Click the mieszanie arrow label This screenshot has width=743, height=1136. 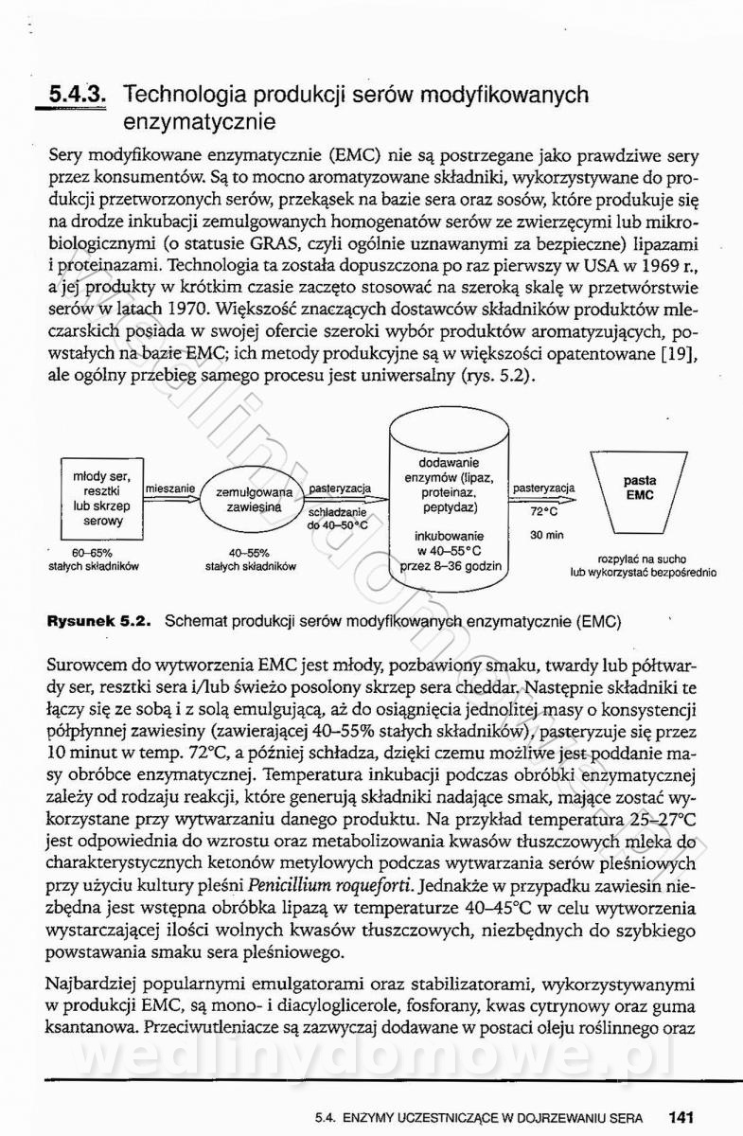point(170,488)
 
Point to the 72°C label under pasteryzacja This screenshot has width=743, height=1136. point(543,511)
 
